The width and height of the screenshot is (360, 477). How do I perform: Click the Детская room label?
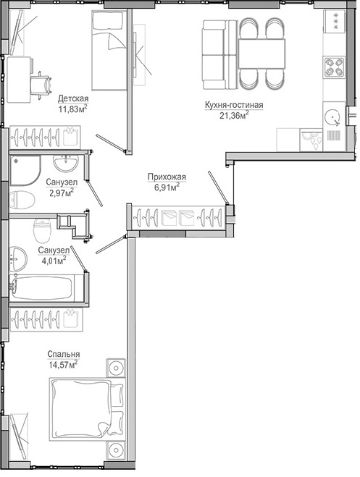click(x=73, y=98)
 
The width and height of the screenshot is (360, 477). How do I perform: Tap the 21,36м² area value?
click(x=234, y=115)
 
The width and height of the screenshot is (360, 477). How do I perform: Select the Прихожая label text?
click(x=167, y=177)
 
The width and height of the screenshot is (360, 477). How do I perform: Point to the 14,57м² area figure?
click(x=63, y=364)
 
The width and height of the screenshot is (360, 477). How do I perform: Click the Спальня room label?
click(x=64, y=354)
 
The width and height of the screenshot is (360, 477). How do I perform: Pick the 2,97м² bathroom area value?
click(x=61, y=193)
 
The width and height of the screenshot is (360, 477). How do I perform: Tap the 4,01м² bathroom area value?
click(x=54, y=261)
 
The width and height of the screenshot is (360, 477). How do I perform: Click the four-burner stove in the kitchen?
click(x=334, y=67)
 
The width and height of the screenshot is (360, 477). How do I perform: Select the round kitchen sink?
click(x=332, y=117)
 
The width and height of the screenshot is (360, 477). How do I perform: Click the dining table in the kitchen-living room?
click(x=261, y=54)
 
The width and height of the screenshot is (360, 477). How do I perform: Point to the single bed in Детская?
click(x=109, y=51)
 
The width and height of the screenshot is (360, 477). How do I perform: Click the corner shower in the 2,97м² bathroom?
click(x=25, y=170)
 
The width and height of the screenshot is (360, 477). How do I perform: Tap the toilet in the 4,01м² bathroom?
click(x=42, y=230)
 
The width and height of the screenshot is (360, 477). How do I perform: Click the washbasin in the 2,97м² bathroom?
click(x=66, y=163)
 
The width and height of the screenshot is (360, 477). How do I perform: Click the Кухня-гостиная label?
click(x=234, y=105)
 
